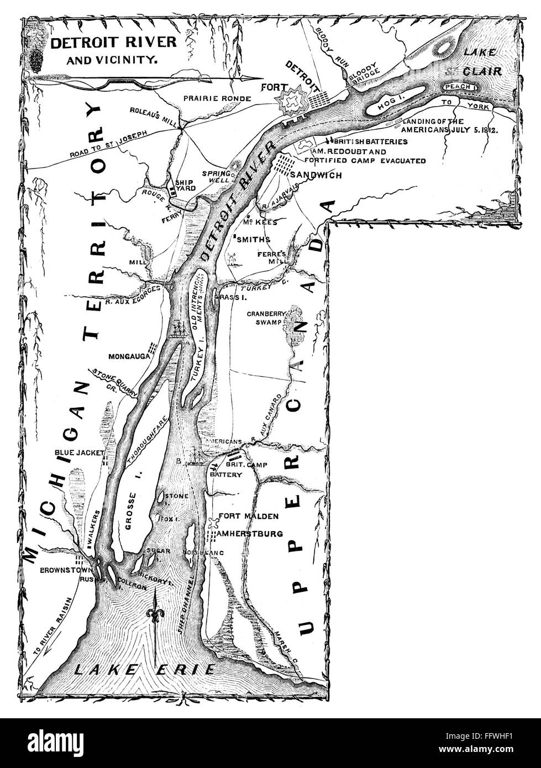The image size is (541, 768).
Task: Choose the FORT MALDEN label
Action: (249, 517)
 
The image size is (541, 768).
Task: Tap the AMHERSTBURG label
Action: (251, 534)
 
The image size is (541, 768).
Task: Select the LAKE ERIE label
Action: (145, 670)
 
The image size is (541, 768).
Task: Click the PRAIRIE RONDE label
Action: (217, 98)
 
